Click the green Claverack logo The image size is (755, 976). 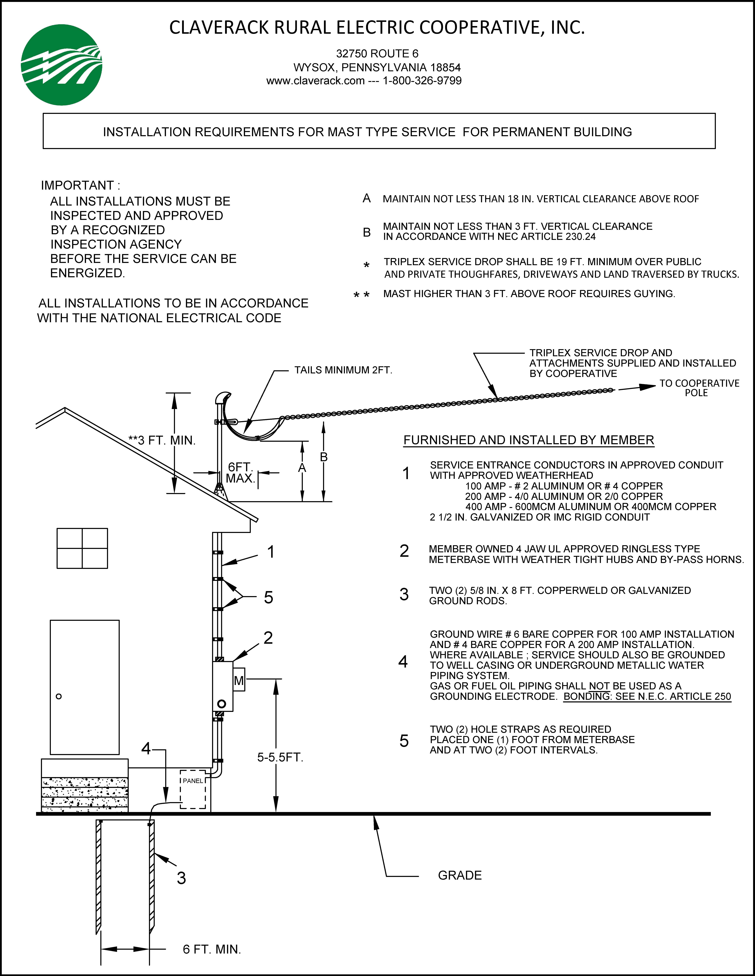[x=62, y=65]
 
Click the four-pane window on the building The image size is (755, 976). [x=82, y=548]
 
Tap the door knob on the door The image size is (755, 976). [x=59, y=696]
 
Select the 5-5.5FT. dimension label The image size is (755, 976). [x=280, y=757]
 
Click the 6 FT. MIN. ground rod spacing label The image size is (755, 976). [x=212, y=949]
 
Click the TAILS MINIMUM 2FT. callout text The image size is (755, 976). [x=343, y=370]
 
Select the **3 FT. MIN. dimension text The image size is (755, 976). [x=162, y=441]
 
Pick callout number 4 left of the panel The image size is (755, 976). [x=146, y=749]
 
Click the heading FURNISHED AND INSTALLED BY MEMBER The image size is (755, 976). [x=529, y=440]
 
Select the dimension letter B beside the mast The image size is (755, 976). [x=324, y=457]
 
